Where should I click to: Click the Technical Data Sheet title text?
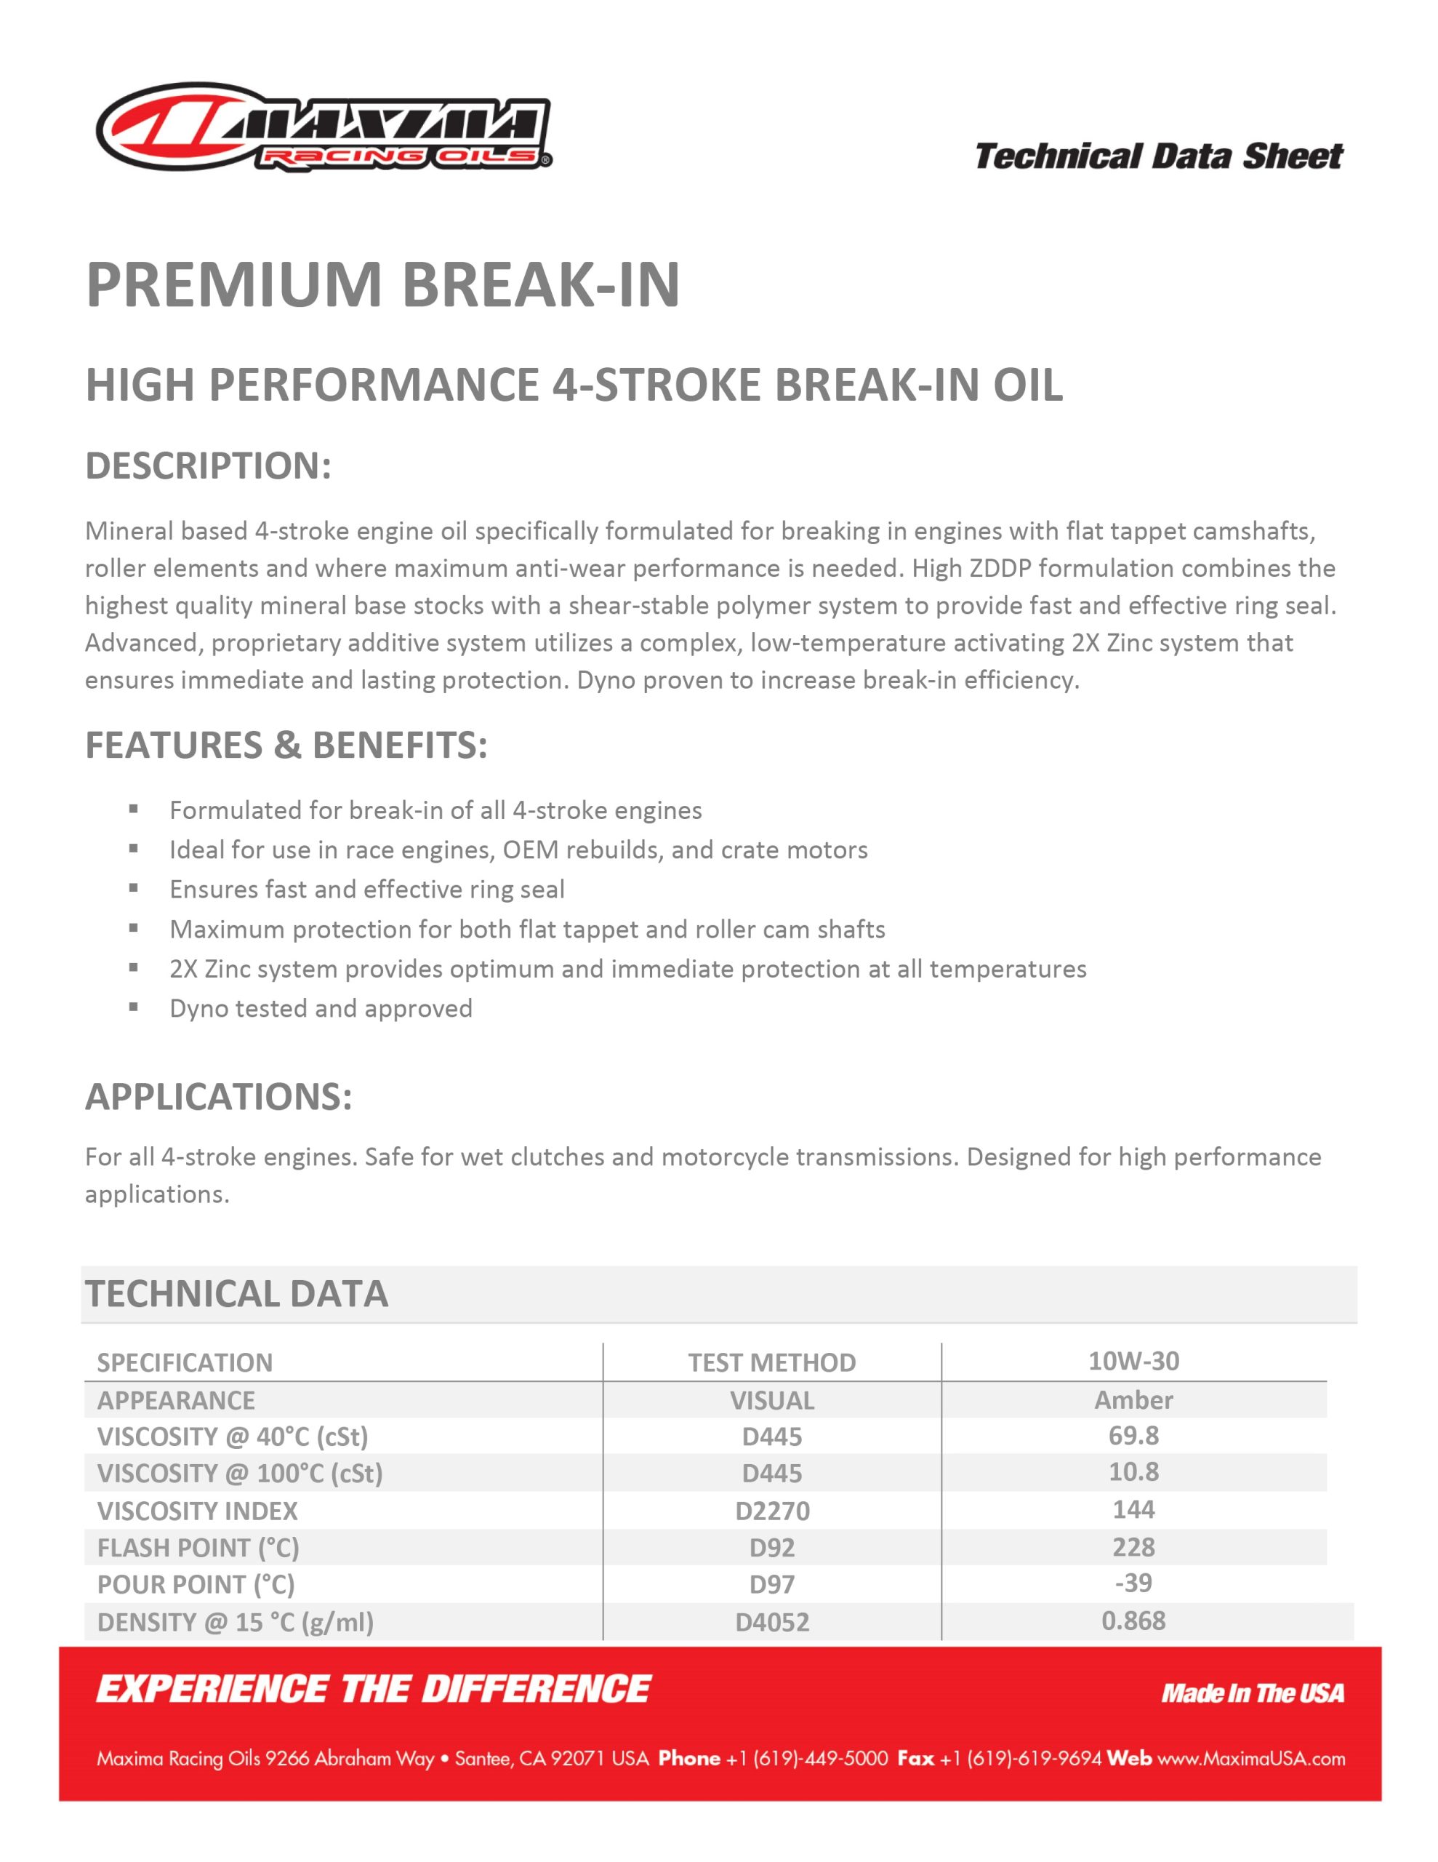(x=1158, y=156)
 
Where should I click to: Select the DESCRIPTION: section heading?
(x=208, y=465)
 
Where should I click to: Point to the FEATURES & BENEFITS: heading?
(x=286, y=745)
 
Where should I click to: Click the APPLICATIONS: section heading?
(x=218, y=1096)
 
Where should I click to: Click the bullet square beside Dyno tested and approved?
(x=134, y=1007)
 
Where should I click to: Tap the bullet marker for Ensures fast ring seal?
(x=134, y=887)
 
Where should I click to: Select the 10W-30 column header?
(x=1133, y=1361)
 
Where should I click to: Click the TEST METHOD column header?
(x=771, y=1362)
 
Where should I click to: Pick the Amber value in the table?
(x=1133, y=1399)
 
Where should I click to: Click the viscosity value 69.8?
(x=1133, y=1436)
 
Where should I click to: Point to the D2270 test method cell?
(x=771, y=1511)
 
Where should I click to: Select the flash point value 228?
(x=1133, y=1546)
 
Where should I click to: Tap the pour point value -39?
(x=1133, y=1583)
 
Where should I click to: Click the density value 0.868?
(x=1133, y=1620)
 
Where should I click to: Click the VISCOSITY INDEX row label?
(x=198, y=1511)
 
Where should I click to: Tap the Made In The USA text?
(x=1252, y=1693)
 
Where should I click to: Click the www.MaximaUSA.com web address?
(x=1250, y=1758)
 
